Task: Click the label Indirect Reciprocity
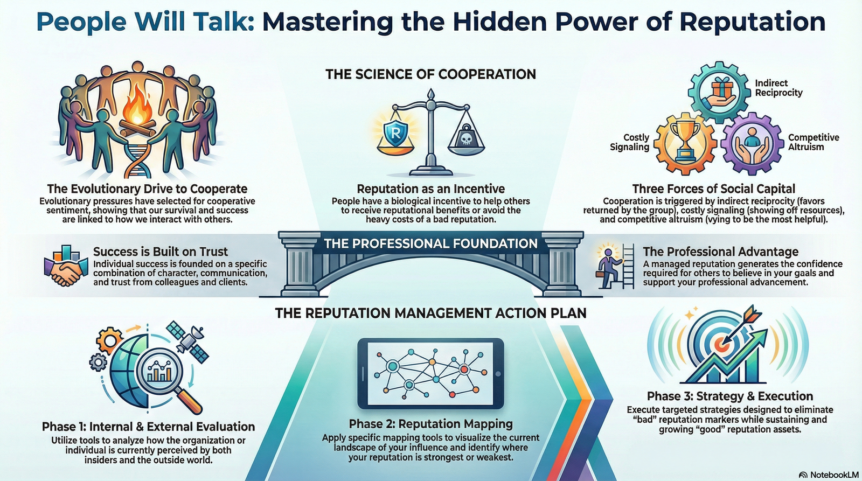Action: (778, 88)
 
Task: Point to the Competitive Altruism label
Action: (813, 142)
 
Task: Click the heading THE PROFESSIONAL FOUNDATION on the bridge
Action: (430, 243)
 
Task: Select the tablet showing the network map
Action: (430, 373)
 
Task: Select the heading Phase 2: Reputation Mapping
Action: (430, 424)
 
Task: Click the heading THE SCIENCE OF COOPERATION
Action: (430, 74)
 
